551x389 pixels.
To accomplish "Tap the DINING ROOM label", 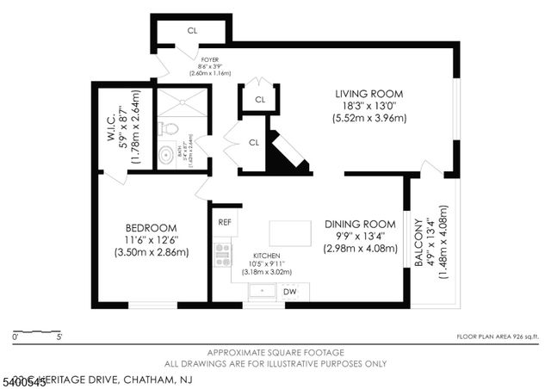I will tap(360, 223).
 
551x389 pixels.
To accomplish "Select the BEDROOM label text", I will tap(151, 227).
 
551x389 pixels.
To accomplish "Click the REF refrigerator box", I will tap(225, 222).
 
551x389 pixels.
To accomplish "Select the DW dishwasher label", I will tap(290, 292).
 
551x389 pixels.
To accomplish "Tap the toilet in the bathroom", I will tap(170, 129).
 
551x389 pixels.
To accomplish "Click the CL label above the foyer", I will tap(192, 31).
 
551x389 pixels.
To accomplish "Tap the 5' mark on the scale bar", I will tap(58, 337).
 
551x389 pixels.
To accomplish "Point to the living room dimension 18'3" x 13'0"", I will tap(370, 106).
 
